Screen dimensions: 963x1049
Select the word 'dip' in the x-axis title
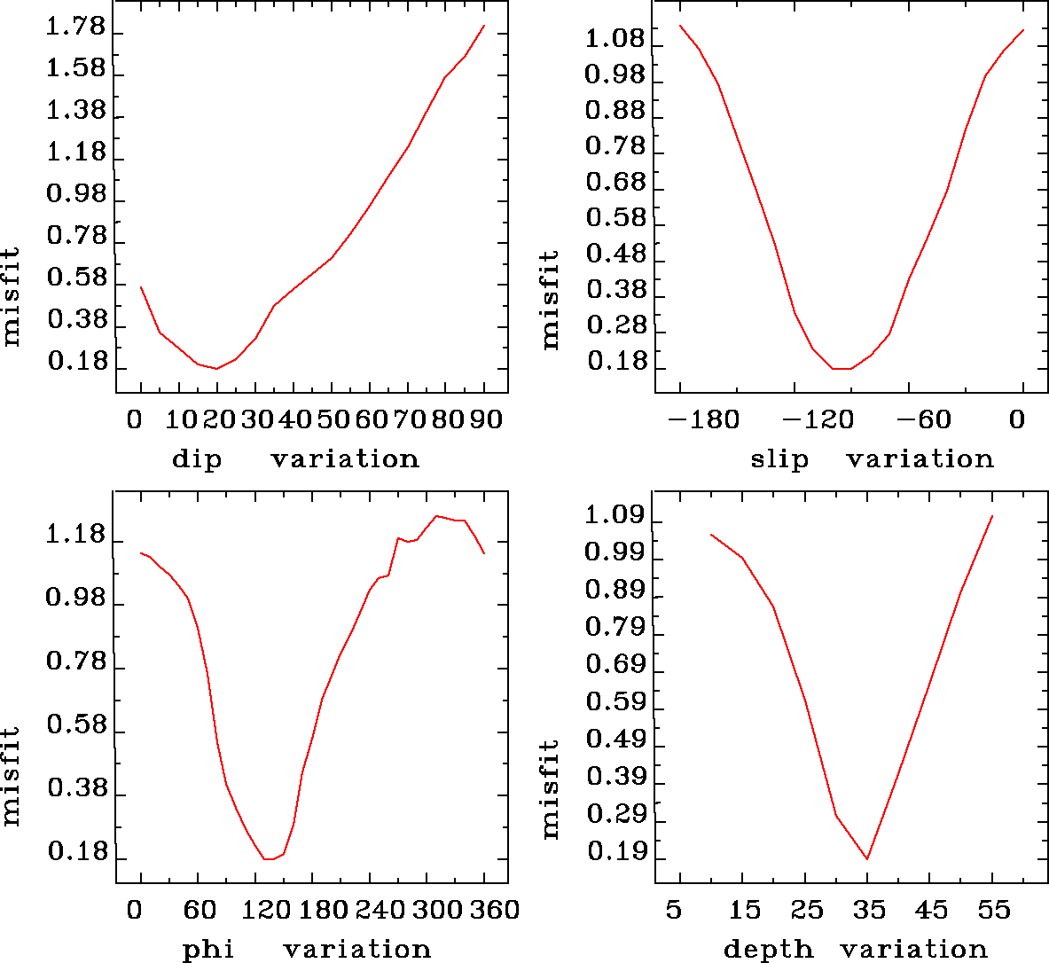click(x=197, y=459)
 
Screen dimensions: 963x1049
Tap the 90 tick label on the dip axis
click(x=485, y=419)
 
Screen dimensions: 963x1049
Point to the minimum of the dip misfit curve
click(x=215, y=368)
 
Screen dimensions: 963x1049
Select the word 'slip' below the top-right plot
click(x=779, y=459)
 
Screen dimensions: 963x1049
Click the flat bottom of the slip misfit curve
click(x=842, y=368)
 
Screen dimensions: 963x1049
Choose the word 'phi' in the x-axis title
click(x=208, y=950)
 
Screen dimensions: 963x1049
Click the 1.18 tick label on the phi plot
click(x=74, y=536)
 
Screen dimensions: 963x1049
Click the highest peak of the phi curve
click(x=436, y=515)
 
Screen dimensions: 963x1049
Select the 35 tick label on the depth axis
click(x=868, y=911)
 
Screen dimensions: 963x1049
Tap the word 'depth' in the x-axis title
click(x=768, y=950)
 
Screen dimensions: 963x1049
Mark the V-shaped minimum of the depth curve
click(x=867, y=858)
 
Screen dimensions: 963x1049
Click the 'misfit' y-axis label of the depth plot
click(x=551, y=789)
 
